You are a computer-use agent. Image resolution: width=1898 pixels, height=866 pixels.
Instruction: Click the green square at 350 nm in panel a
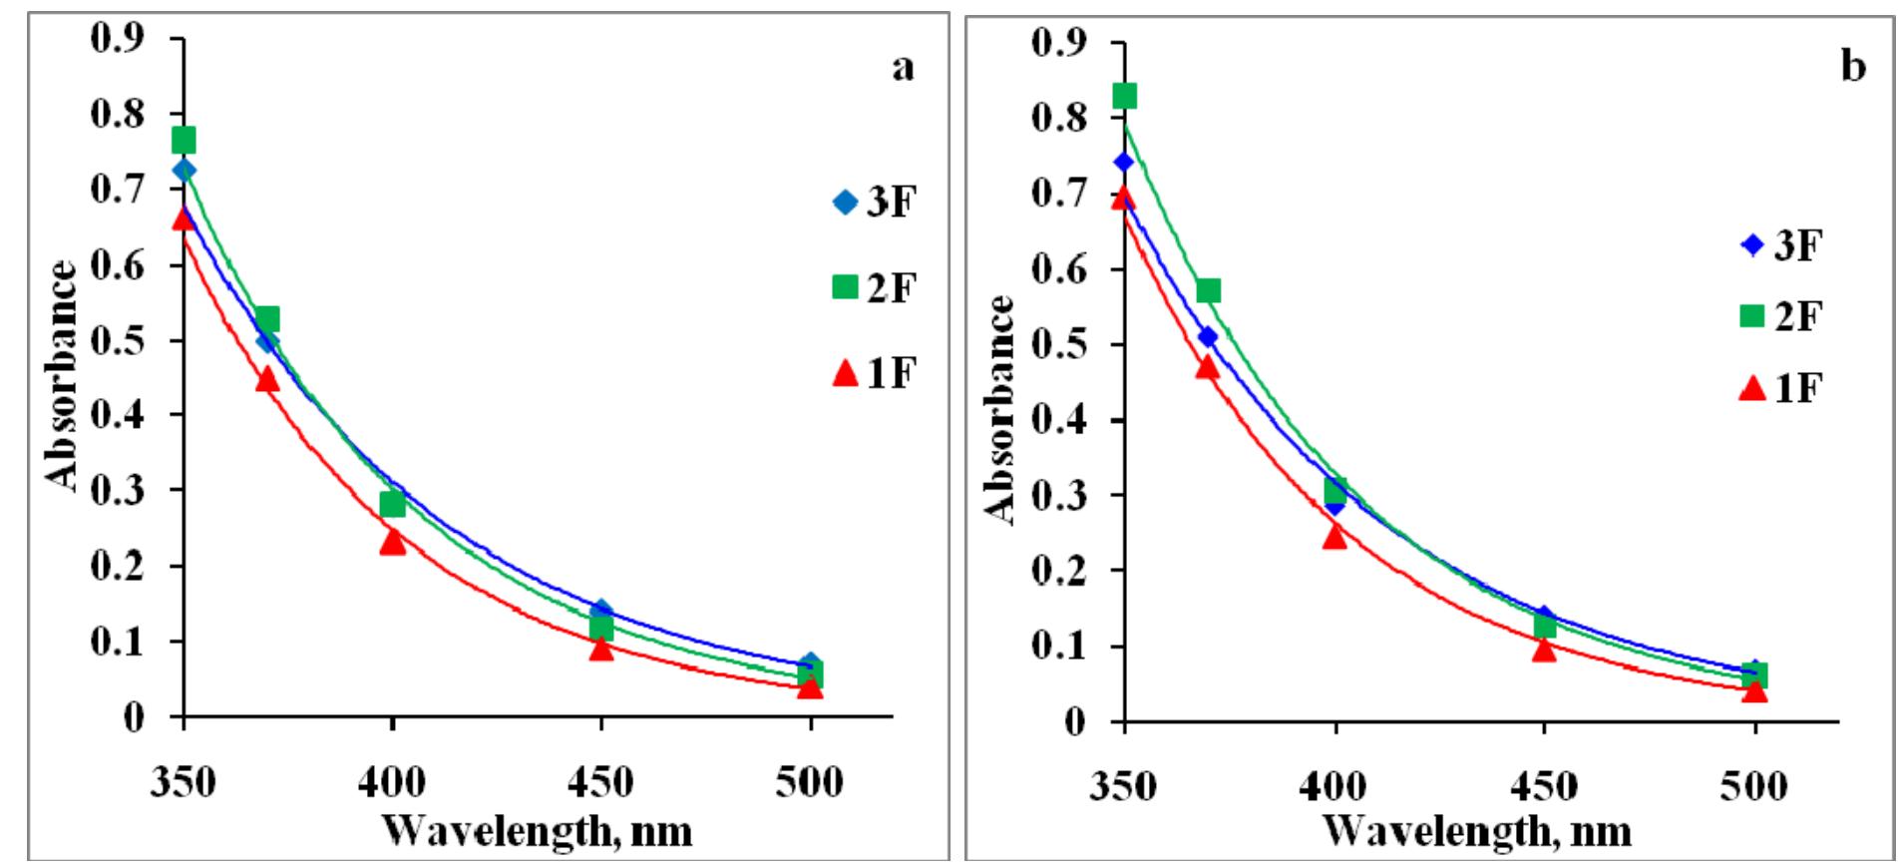[184, 140]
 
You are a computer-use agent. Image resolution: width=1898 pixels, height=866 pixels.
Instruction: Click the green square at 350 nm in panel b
[1124, 96]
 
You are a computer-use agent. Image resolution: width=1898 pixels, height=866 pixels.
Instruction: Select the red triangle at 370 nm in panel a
[266, 379]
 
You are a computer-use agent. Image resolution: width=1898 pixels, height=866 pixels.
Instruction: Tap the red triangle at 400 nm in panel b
[1334, 537]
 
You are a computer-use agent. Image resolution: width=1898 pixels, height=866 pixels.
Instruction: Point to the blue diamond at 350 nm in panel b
[1124, 162]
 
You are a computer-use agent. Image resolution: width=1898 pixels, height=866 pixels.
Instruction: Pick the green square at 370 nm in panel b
[1208, 290]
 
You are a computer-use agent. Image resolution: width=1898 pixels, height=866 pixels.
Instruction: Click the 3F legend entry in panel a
[875, 203]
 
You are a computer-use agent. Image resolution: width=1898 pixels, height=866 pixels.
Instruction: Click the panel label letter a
[901, 69]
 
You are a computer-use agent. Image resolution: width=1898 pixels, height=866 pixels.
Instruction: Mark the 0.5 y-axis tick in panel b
[1059, 345]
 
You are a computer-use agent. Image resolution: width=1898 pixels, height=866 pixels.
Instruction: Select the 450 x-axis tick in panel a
[600, 783]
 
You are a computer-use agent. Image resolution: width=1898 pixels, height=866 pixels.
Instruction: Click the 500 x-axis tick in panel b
[1754, 787]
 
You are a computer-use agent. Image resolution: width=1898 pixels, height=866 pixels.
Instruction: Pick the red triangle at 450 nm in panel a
[600, 649]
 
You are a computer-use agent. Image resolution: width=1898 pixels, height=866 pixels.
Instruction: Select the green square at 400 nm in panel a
[392, 504]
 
